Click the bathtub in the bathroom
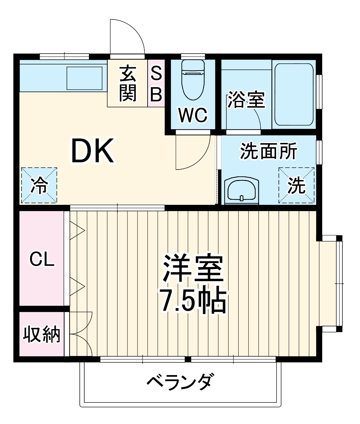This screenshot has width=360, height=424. coord(294,94)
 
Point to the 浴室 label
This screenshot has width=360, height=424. coord(246,100)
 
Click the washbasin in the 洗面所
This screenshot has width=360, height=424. coord(241,190)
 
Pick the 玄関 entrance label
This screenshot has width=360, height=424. coord(128,84)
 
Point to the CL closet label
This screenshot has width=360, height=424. coord(42,259)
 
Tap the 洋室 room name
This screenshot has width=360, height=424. coord(193,269)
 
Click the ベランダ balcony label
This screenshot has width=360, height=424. coord(180,382)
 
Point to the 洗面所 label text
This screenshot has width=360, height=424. coord(269,151)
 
